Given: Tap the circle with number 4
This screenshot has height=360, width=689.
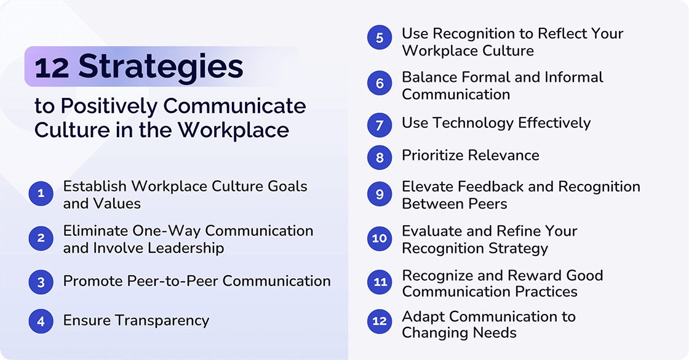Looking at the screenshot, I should coord(41,321).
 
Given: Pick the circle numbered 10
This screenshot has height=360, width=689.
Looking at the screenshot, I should coord(380,238).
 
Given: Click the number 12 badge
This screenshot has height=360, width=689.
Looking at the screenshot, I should coord(380,321).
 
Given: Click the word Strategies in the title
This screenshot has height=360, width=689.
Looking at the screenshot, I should coord(161,66).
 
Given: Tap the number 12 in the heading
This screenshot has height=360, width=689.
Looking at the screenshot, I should coord(52,67).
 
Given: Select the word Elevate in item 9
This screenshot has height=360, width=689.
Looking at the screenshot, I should coord(428,186).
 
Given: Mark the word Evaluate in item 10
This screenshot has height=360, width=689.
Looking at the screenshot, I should coord(432,231).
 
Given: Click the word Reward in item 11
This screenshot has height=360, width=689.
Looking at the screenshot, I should coord(541,275).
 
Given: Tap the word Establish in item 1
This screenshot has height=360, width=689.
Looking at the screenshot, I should coord(95,186).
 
